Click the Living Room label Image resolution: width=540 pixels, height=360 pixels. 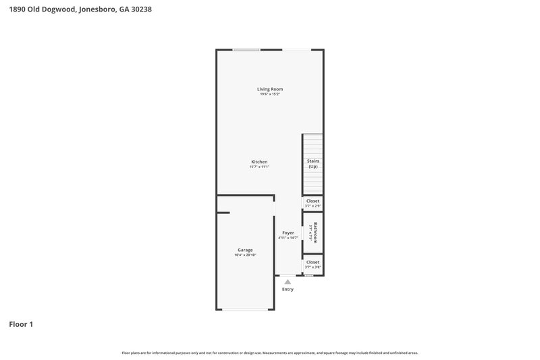pyautogui.click(x=269, y=89)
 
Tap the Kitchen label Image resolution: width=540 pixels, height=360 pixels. pyautogui.click(x=259, y=162)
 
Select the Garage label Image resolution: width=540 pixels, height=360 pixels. pyautogui.click(x=244, y=250)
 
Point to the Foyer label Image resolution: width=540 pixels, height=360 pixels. pyautogui.click(x=288, y=233)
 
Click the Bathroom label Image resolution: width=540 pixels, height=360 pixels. pyautogui.click(x=315, y=232)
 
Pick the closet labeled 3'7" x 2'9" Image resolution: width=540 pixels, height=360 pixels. pyautogui.click(x=313, y=201)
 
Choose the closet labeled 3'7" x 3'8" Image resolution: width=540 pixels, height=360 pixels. pyautogui.click(x=313, y=262)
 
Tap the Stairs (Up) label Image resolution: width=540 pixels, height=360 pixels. pyautogui.click(x=313, y=163)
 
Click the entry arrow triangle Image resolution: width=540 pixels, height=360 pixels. pyautogui.click(x=288, y=282)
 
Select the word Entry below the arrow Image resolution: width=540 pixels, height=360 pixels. pyautogui.click(x=288, y=289)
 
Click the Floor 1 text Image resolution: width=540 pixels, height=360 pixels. pyautogui.click(x=21, y=324)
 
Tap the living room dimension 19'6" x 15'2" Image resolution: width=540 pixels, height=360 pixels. pyautogui.click(x=269, y=95)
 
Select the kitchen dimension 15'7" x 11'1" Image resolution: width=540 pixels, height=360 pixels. pyautogui.click(x=259, y=167)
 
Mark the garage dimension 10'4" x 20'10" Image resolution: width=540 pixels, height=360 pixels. pyautogui.click(x=244, y=255)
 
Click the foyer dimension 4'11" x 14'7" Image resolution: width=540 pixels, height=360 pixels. pyautogui.click(x=288, y=238)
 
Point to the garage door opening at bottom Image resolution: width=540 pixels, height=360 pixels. pyautogui.click(x=245, y=309)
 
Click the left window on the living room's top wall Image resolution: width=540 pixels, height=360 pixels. pyautogui.click(x=246, y=49)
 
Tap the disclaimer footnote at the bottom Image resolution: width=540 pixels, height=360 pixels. pyautogui.click(x=269, y=353)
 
